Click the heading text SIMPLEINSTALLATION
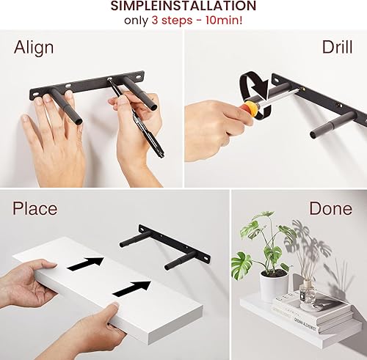click(183, 7)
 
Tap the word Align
click(34, 48)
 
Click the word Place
click(34, 208)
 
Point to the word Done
click(330, 208)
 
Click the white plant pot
click(273, 284)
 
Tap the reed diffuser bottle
click(308, 293)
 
